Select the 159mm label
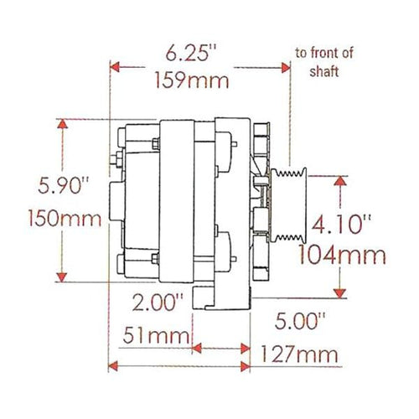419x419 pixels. (192, 80)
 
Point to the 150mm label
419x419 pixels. (65, 218)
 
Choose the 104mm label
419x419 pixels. (343, 255)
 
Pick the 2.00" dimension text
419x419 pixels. (158, 303)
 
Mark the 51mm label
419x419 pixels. (157, 335)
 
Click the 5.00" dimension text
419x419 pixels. (300, 321)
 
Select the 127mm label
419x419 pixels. (299, 354)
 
